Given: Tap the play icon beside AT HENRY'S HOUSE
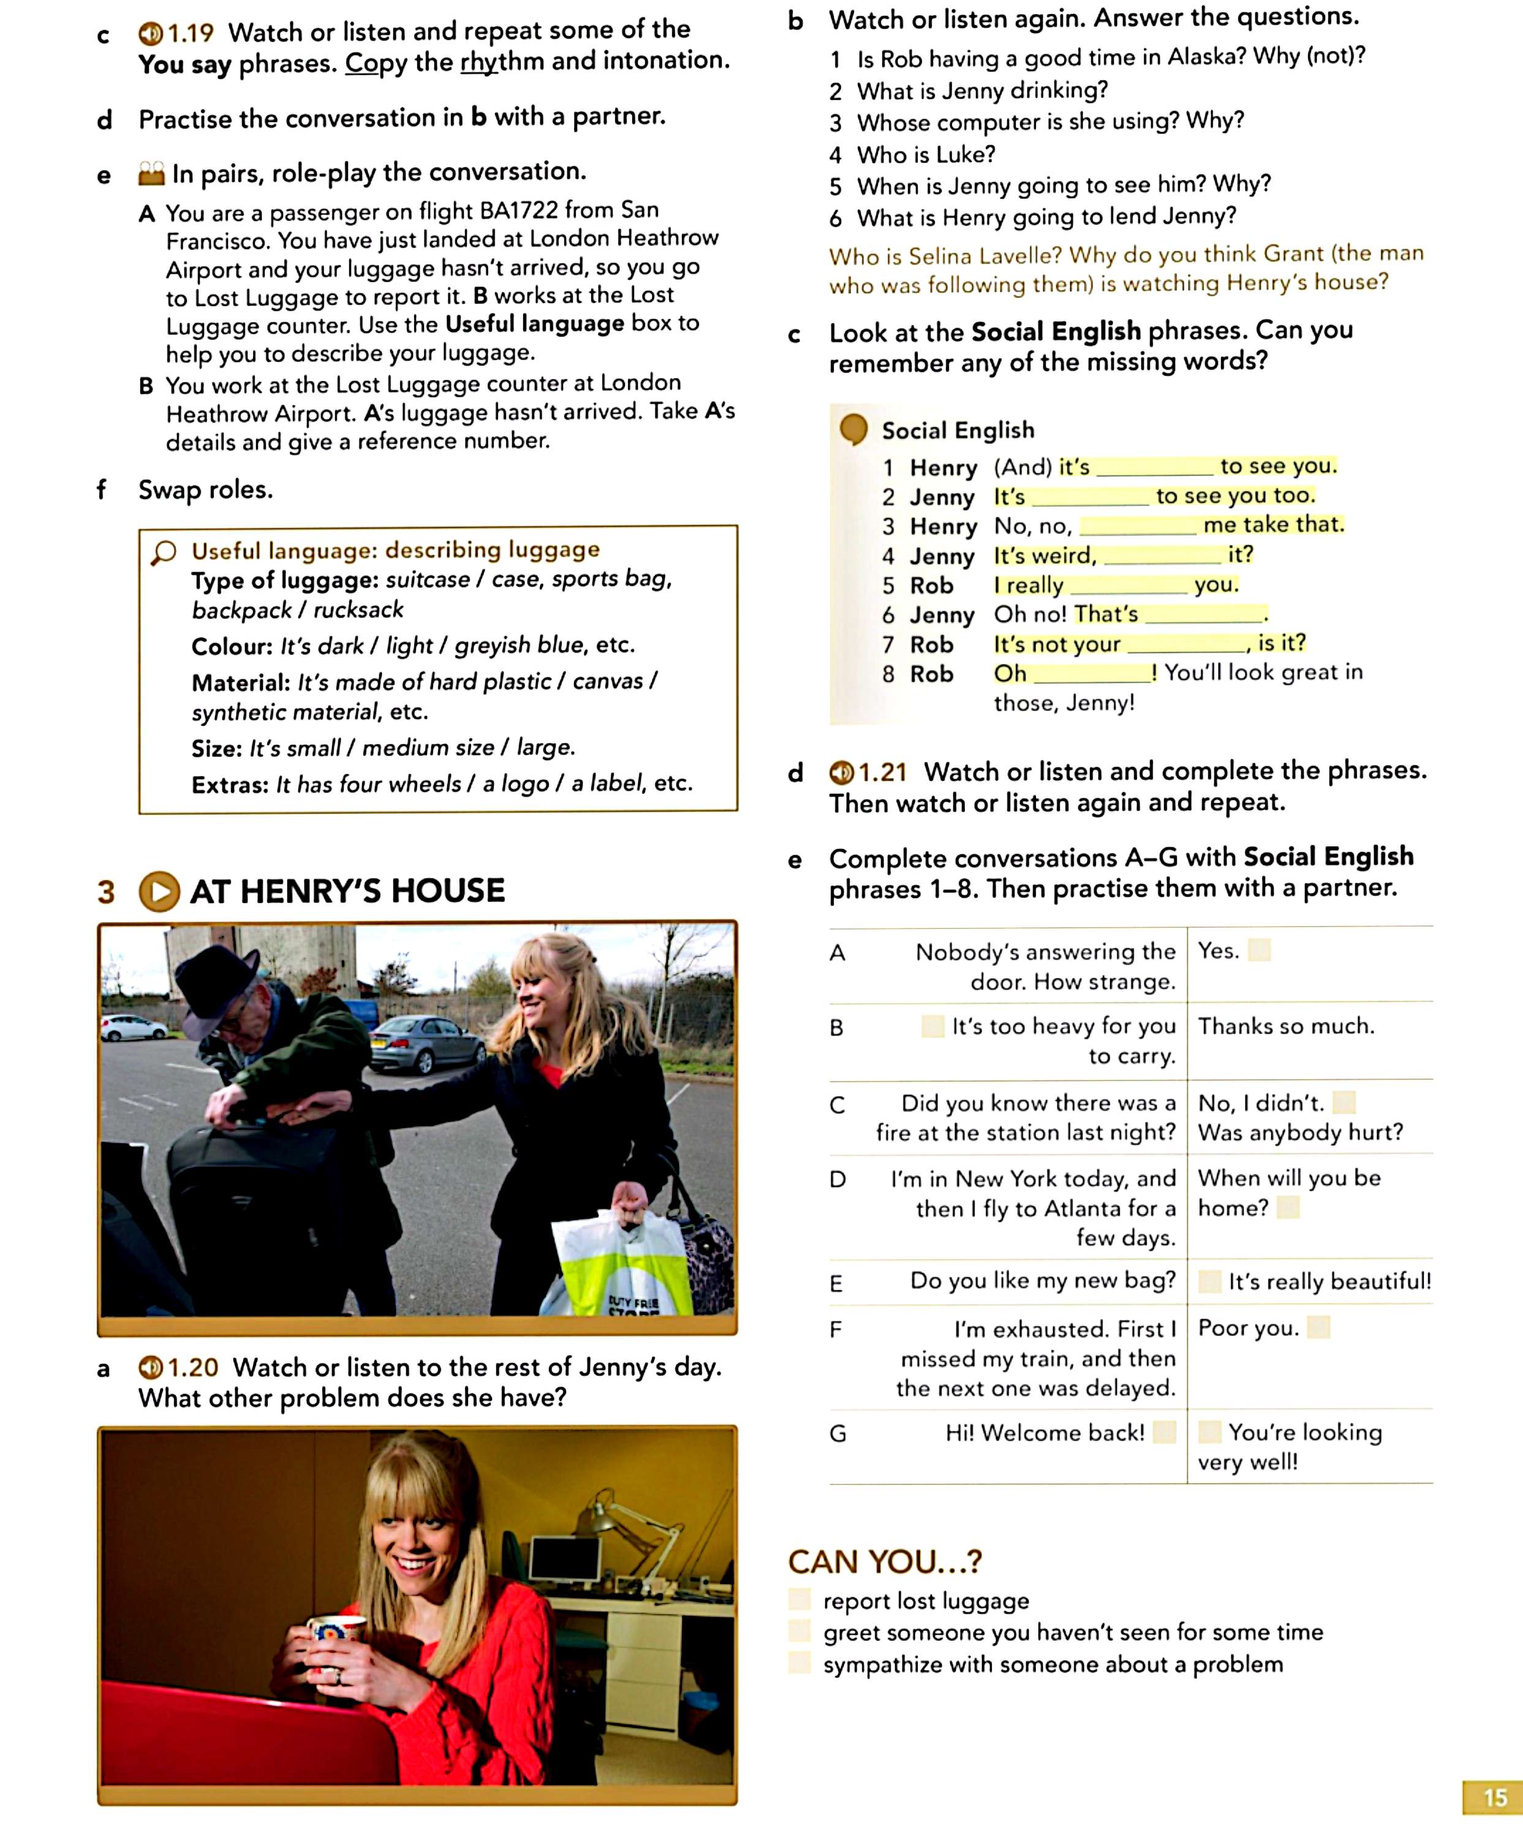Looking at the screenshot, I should click(159, 891).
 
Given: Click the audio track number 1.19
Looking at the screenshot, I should click(190, 33).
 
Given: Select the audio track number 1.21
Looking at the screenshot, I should click(882, 772).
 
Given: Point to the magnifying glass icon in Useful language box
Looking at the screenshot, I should click(164, 552).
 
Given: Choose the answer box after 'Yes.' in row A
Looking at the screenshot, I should click(1259, 950).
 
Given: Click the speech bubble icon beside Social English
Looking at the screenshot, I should click(853, 430).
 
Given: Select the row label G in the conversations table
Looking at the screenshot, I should click(837, 1434).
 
